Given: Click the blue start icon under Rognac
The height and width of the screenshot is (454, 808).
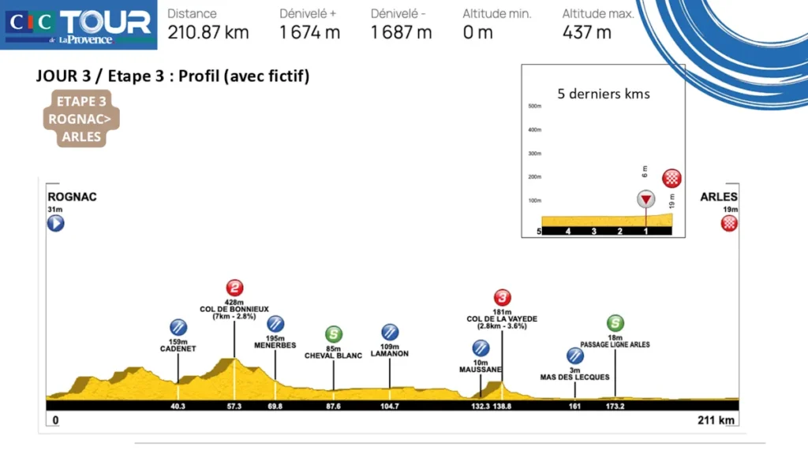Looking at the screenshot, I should pos(55,223).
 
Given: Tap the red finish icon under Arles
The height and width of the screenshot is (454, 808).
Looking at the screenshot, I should pos(730,223).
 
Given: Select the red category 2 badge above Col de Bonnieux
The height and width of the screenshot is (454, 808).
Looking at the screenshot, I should pos(234,288).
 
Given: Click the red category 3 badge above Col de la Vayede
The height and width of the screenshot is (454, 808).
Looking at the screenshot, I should pos(502,297).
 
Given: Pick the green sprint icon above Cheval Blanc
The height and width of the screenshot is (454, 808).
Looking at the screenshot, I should pos(334,334).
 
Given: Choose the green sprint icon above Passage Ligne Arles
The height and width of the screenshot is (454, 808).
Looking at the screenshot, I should pos(615,322).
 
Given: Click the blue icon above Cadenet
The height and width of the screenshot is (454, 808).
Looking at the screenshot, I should pos(178,327).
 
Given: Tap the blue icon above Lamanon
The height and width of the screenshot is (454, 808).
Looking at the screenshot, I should pos(390,332).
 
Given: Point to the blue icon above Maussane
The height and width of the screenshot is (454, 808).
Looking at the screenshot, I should pos(481,348).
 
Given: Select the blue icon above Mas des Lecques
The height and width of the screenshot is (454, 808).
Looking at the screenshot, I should pos(575,356).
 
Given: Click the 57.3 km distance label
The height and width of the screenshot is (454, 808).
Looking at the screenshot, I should pos(234,407).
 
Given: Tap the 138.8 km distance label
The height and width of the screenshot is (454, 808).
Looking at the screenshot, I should pos(502,407).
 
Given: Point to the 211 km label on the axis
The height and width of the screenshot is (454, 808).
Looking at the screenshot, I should pos(716,420).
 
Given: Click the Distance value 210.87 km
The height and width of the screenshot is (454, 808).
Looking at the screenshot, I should pos(208,32).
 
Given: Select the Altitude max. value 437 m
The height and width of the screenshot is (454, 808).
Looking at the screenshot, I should pos(587,32).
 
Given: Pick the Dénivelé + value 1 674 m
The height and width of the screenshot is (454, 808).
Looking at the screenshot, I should pos(310,32).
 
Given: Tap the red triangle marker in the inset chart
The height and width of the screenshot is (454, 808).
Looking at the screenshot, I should pos(646,199).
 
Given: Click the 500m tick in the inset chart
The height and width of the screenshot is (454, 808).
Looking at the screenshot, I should pos(534,106).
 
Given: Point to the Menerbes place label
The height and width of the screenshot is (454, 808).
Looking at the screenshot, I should pos(275,345).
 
